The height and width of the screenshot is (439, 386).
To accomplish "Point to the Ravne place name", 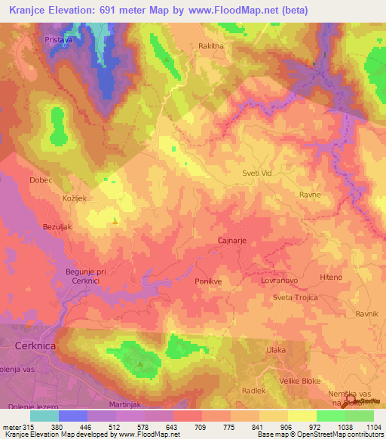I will point(310,195).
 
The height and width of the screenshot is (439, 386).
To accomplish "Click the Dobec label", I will point(40,181).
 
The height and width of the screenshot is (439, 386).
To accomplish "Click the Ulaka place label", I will point(277,351).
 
